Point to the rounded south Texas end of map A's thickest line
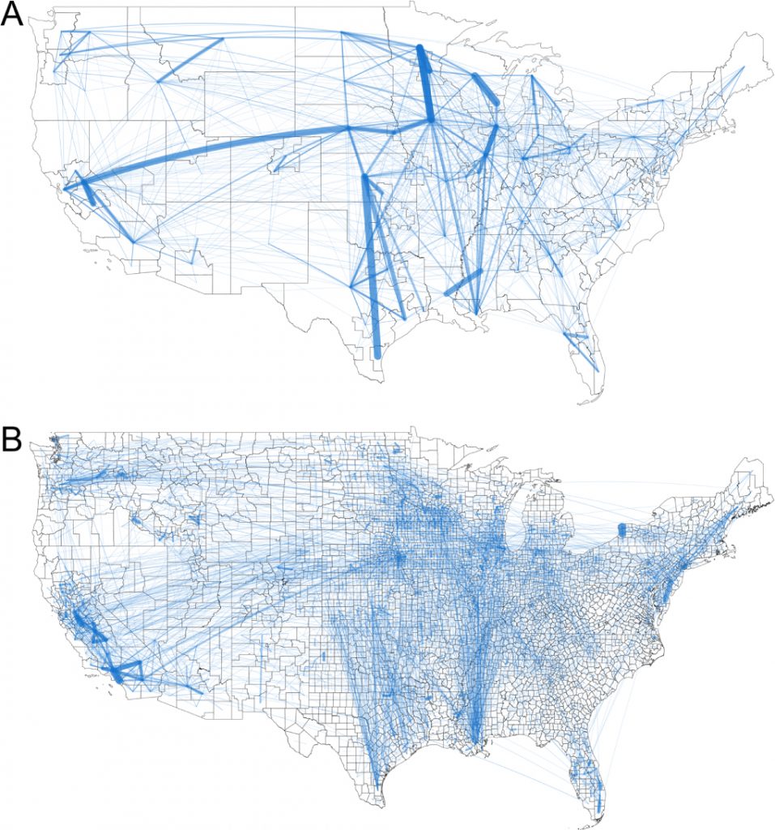click(377, 354)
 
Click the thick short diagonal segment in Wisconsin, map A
click(485, 89)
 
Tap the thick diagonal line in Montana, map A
click(191, 58)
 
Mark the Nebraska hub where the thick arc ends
click(347, 128)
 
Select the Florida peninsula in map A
click(587, 357)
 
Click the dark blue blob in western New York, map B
click(622, 529)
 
